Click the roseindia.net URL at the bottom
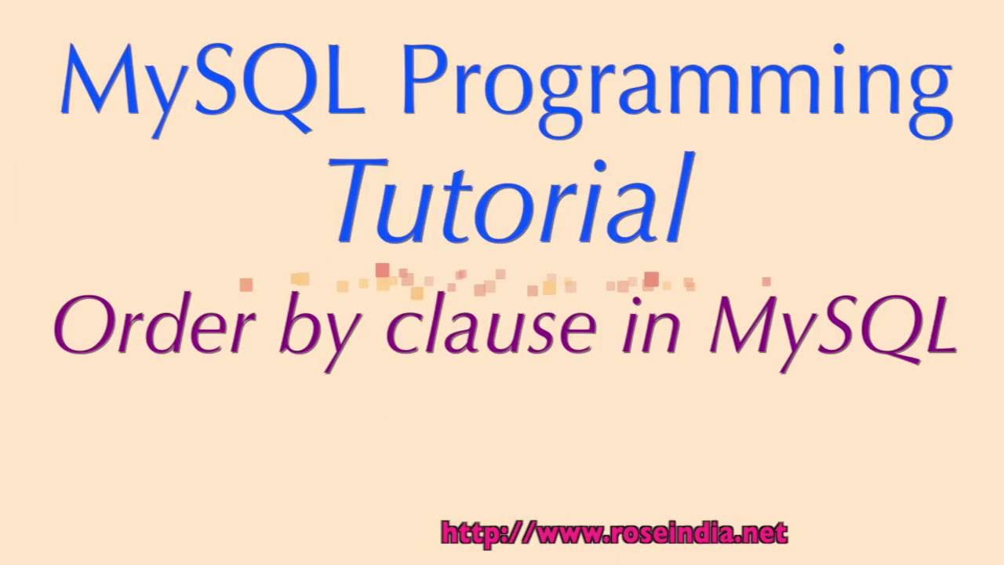tap(614, 534)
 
